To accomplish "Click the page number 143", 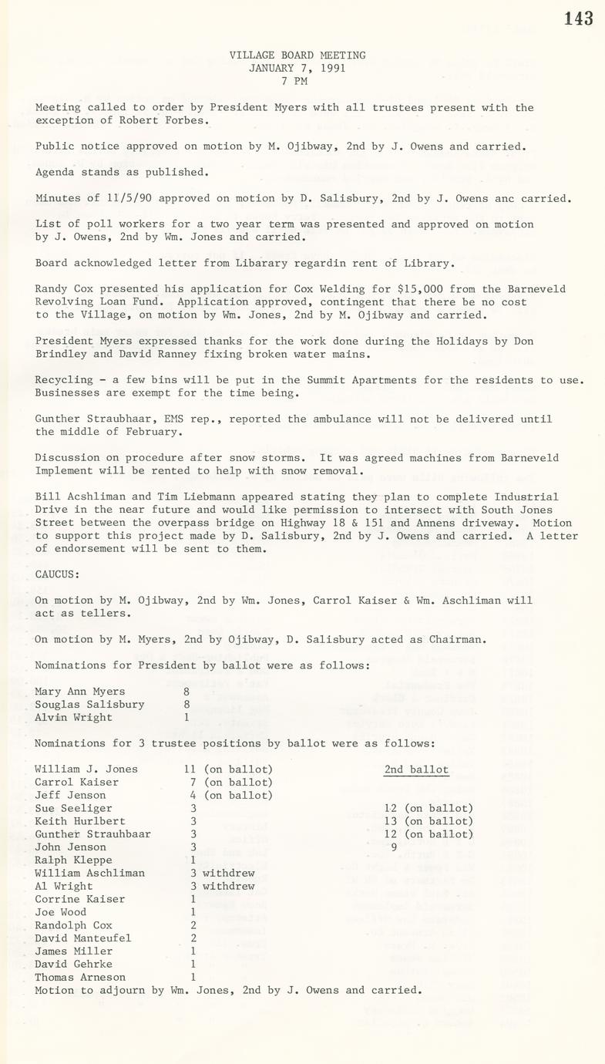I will [578, 19].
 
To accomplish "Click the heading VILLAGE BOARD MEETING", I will [297, 56].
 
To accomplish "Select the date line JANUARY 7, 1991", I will [297, 68].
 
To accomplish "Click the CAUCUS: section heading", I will [57, 574].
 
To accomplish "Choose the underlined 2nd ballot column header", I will [416, 769].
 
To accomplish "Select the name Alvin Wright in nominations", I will [73, 717].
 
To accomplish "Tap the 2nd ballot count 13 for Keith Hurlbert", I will [391, 821].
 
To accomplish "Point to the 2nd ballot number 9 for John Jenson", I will [394, 847].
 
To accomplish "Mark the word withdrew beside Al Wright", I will [228, 886].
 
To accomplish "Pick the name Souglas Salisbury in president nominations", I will [89, 704].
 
